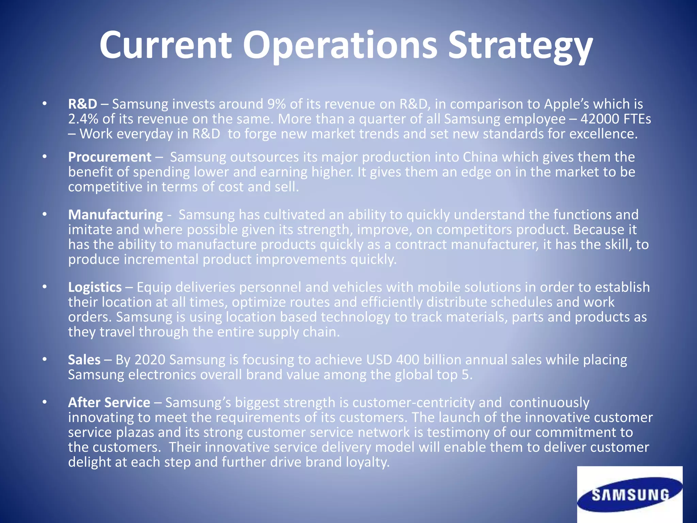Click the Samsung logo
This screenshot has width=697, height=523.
click(630, 495)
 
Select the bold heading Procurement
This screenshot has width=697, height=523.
click(110, 157)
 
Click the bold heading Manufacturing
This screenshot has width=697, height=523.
click(115, 215)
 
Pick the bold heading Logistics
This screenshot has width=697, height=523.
click(95, 287)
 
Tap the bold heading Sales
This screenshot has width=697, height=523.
click(84, 360)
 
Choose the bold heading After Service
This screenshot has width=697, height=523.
click(109, 403)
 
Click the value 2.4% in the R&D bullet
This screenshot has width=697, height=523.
click(83, 119)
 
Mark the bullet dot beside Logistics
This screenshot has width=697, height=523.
click(44, 287)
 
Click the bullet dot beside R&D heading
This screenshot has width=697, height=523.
click(44, 104)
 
